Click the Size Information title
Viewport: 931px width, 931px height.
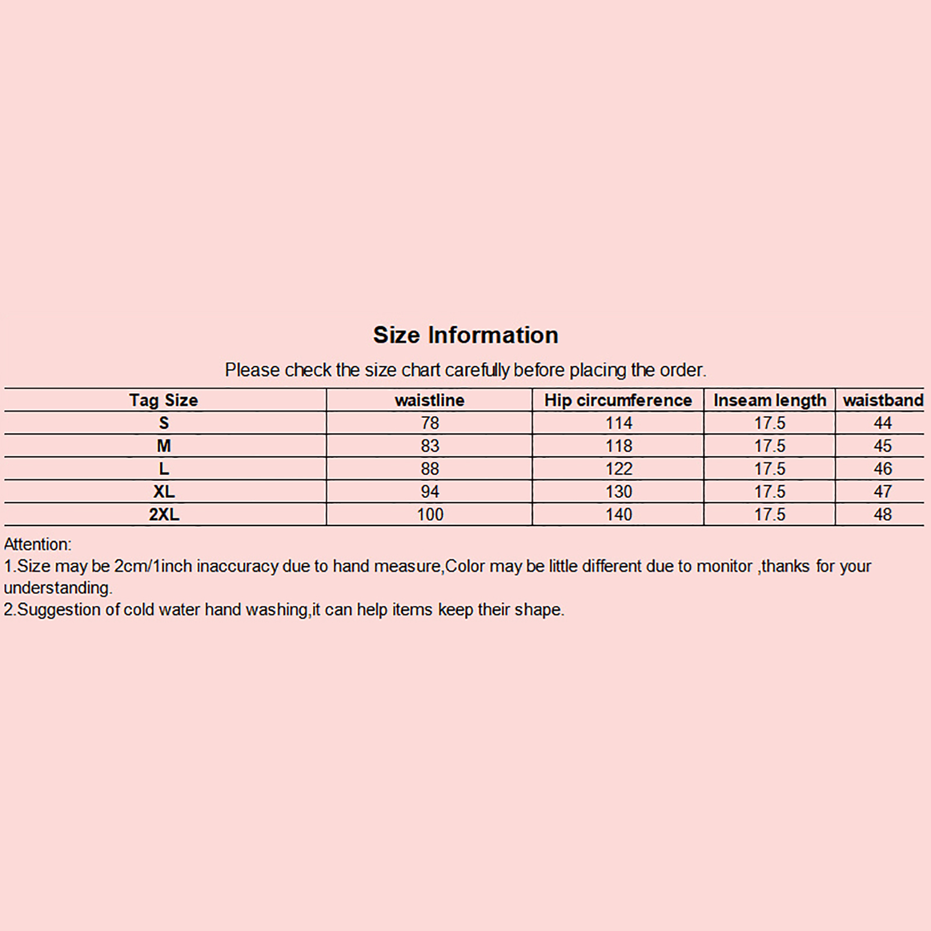(465, 335)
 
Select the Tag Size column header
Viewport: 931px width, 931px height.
(164, 400)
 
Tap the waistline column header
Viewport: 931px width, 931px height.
(429, 400)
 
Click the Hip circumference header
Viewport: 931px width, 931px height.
(618, 400)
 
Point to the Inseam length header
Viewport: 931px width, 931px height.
(770, 400)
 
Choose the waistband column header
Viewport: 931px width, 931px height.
(883, 400)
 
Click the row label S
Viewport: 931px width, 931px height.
(164, 423)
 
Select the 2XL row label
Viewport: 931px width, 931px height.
(164, 514)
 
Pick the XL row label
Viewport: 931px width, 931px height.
(164, 492)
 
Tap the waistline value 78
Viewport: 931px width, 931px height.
(430, 423)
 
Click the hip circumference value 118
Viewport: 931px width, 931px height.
(619, 446)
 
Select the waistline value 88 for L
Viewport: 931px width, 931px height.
(430, 469)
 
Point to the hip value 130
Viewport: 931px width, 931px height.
(619, 492)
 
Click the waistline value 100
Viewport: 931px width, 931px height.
(430, 514)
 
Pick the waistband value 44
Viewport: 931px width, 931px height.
(883, 423)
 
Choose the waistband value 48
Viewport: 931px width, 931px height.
(883, 514)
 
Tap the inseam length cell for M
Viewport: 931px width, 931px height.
(770, 446)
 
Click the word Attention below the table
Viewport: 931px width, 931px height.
(37, 545)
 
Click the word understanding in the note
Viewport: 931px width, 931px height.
(58, 588)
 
